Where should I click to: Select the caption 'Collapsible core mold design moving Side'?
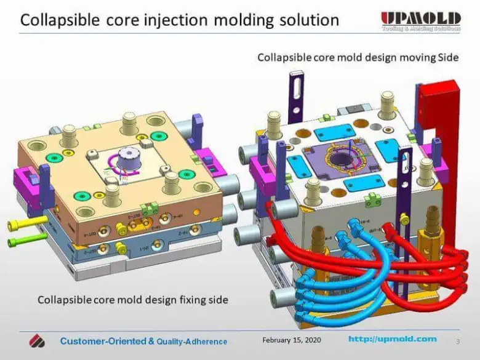[358, 57]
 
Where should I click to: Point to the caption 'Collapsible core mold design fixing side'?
[133, 300]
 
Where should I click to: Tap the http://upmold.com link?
[393, 339]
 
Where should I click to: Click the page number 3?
[457, 341]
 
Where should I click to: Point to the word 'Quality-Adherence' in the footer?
[192, 342]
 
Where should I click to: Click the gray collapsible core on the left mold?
[130, 159]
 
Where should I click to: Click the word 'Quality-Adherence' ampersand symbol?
[151, 341]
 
